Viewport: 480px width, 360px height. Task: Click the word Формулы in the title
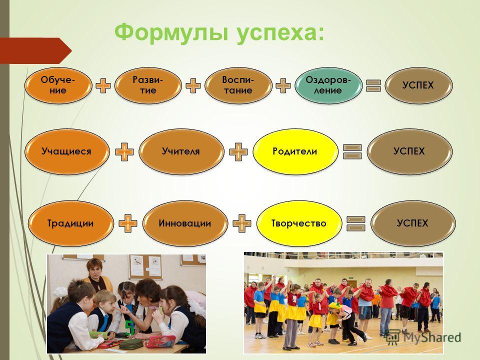point(171,32)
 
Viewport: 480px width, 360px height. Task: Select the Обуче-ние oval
point(58,85)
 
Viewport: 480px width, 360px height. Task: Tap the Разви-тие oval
point(148,85)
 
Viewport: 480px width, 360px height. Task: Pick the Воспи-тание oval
point(238,85)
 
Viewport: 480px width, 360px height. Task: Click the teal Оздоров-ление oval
point(328,85)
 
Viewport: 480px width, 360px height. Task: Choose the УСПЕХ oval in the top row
point(418,85)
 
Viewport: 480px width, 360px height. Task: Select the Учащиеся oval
point(66,151)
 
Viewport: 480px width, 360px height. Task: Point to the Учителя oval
point(181,151)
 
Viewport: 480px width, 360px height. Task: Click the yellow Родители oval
point(295,151)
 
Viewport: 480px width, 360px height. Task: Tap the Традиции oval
point(70,223)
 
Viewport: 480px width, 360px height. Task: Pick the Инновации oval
point(185,223)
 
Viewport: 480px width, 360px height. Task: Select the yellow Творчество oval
point(299,223)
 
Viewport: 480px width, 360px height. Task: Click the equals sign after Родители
point(352,151)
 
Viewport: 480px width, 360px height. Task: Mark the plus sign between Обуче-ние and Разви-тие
point(103,85)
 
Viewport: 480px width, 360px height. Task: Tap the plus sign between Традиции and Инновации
point(128,223)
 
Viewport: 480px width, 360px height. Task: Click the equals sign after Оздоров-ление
point(373,85)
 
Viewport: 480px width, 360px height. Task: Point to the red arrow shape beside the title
point(35,50)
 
